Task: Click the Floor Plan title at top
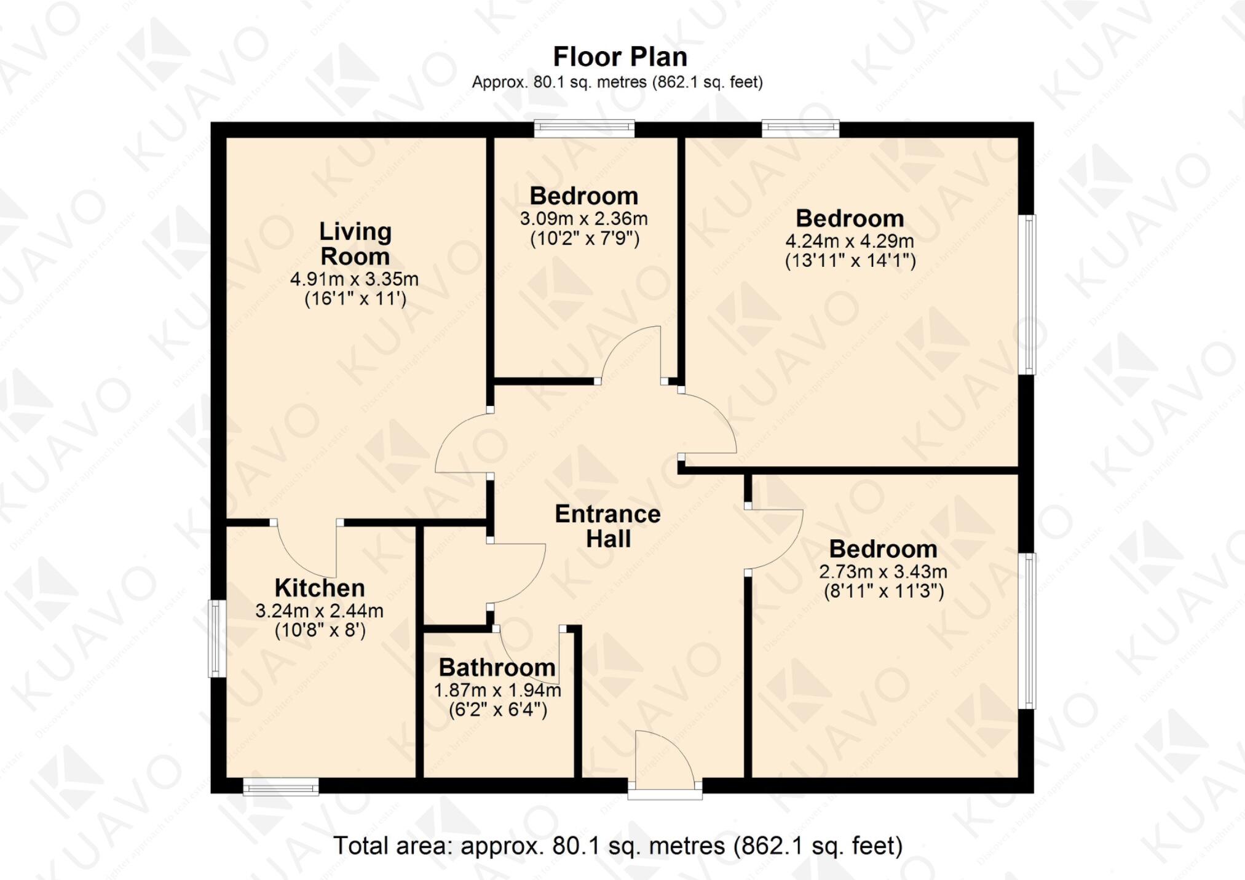(620, 57)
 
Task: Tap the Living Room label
(355, 244)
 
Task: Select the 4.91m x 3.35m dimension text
(354, 279)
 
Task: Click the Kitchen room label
(320, 588)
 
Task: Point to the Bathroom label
(497, 667)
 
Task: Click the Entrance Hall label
(607, 526)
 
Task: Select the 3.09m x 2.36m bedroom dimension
(583, 218)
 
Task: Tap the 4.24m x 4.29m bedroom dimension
(850, 240)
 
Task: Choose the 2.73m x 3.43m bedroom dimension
(883, 571)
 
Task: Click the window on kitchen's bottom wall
(281, 787)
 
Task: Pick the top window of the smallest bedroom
(584, 128)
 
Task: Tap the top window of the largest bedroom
(800, 128)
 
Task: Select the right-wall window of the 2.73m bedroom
(1029, 630)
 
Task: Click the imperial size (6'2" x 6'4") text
(497, 710)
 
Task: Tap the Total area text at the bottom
(618, 846)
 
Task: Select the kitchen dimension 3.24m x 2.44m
(319, 611)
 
